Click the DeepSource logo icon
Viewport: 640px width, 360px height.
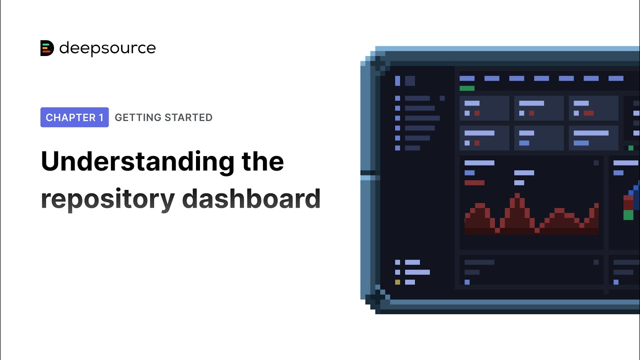pyautogui.click(x=46, y=48)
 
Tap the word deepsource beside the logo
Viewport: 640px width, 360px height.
pyautogui.click(x=107, y=48)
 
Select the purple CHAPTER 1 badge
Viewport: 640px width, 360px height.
pyautogui.click(x=74, y=117)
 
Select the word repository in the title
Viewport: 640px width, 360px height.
pyautogui.click(x=107, y=199)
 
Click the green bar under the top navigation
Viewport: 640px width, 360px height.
pyautogui.click(x=467, y=88)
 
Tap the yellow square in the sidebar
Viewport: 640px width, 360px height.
pyautogui.click(x=397, y=282)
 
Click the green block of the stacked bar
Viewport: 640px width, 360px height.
pyautogui.click(x=628, y=215)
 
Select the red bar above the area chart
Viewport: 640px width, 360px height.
pyautogui.click(x=474, y=182)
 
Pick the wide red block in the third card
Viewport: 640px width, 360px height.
pyautogui.click(x=588, y=113)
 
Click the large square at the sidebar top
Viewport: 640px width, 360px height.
pyautogui.click(x=410, y=81)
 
